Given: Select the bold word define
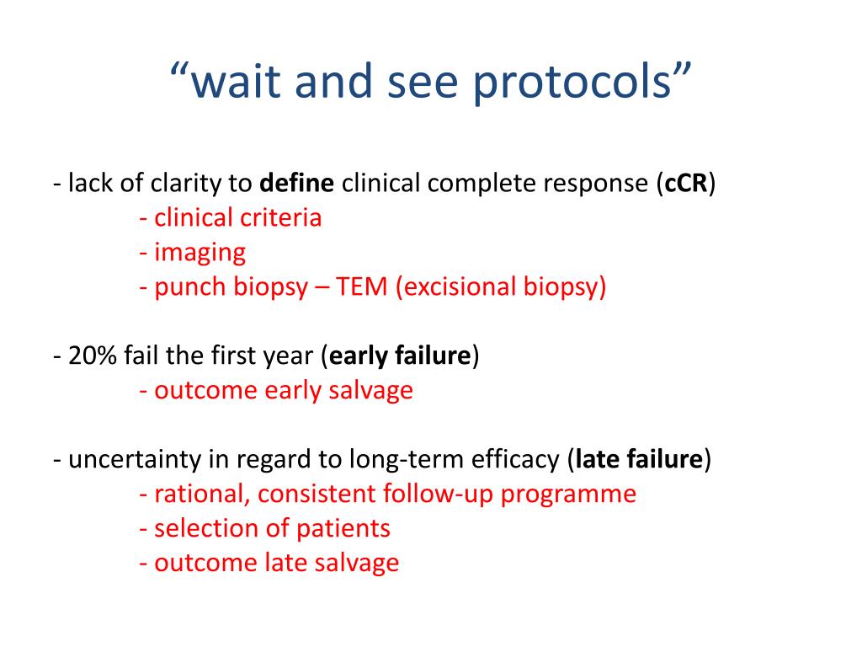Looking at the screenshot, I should tap(297, 184).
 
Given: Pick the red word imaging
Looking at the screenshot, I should tap(200, 253).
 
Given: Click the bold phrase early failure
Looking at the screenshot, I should tap(400, 356).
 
